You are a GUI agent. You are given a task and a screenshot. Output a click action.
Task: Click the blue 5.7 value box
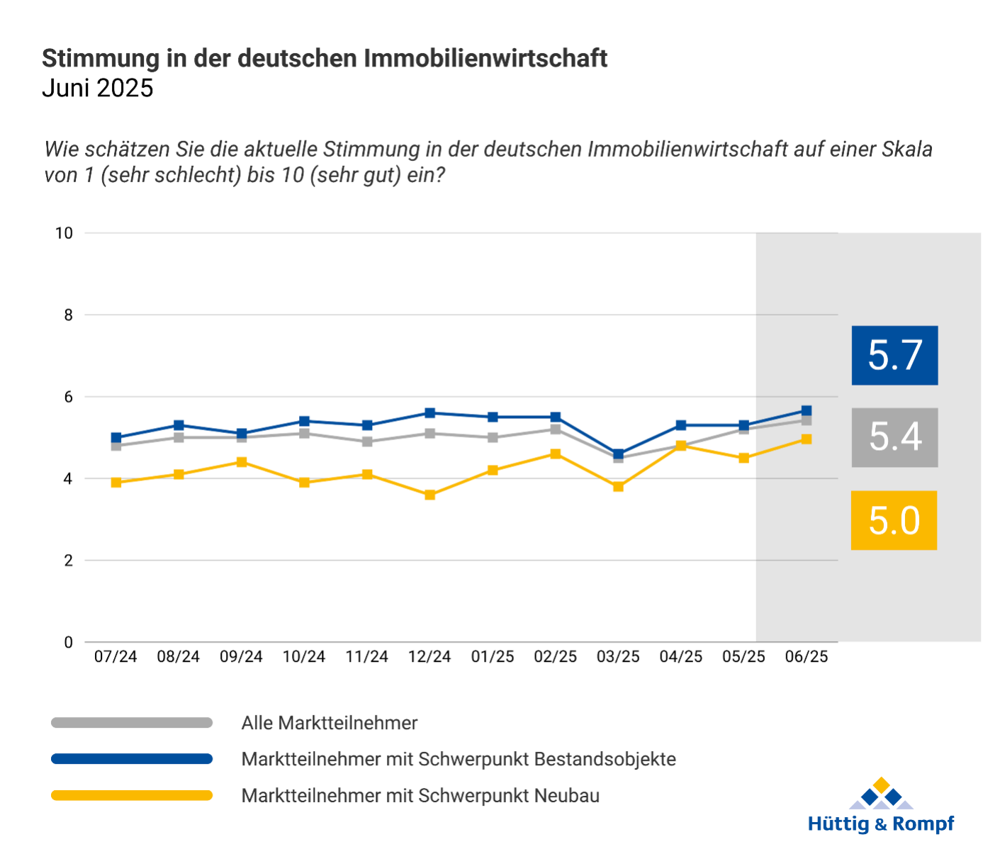pyautogui.click(x=894, y=355)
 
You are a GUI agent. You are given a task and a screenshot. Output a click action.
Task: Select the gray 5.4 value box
pyautogui.click(x=894, y=437)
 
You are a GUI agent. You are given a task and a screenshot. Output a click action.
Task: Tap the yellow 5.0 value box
pyautogui.click(x=894, y=520)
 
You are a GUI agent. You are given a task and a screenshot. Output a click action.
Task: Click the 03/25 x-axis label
pyautogui.click(x=618, y=657)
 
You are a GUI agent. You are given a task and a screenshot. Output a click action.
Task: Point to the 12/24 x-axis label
pyautogui.click(x=429, y=657)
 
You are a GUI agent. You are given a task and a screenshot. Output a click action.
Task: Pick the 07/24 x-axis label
pyautogui.click(x=116, y=657)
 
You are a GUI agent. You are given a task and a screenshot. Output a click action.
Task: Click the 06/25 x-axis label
pyautogui.click(x=807, y=657)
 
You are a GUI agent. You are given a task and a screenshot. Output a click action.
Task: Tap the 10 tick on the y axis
pyautogui.click(x=64, y=233)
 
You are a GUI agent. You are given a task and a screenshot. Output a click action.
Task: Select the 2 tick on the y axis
pyautogui.click(x=69, y=561)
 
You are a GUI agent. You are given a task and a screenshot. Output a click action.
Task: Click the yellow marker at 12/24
pyautogui.click(x=430, y=495)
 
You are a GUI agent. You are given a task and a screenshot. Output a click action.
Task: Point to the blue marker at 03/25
pyautogui.click(x=618, y=454)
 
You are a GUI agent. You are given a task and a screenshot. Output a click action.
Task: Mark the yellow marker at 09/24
pyautogui.click(x=242, y=462)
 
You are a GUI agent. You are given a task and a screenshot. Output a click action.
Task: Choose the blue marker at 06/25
pyautogui.click(x=807, y=410)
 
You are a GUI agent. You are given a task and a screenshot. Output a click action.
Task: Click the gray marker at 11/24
pyautogui.click(x=367, y=442)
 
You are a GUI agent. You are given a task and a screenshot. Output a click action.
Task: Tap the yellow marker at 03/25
pyautogui.click(x=618, y=486)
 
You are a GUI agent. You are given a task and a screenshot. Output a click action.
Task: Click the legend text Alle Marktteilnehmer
pyautogui.click(x=330, y=723)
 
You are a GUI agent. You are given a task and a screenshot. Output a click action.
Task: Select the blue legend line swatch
pyautogui.click(x=132, y=759)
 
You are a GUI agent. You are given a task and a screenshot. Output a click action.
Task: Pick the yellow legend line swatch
pyautogui.click(x=132, y=795)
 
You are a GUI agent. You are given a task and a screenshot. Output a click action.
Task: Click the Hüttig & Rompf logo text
pyautogui.click(x=881, y=824)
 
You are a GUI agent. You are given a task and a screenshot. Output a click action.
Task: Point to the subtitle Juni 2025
pyautogui.click(x=98, y=88)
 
